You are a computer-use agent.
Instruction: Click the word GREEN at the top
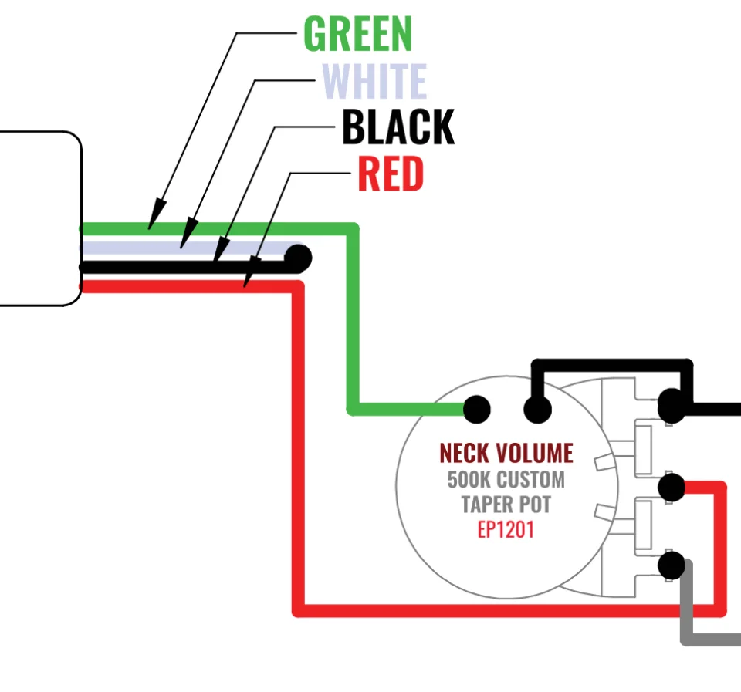point(358,35)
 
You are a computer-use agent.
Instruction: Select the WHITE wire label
point(374,82)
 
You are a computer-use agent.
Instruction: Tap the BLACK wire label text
point(398,128)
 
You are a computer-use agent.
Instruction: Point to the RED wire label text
point(391,174)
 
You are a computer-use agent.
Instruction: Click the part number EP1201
point(506,531)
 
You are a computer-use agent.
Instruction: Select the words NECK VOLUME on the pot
point(506,453)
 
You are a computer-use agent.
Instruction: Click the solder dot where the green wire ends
point(476,409)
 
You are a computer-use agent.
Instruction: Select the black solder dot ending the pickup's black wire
point(298,257)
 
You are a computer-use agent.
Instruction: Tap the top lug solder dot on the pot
point(671,403)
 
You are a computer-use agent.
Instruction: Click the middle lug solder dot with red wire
point(672,488)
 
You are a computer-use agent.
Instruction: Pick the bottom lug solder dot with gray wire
point(672,565)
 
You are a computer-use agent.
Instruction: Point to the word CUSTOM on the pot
point(530,479)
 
